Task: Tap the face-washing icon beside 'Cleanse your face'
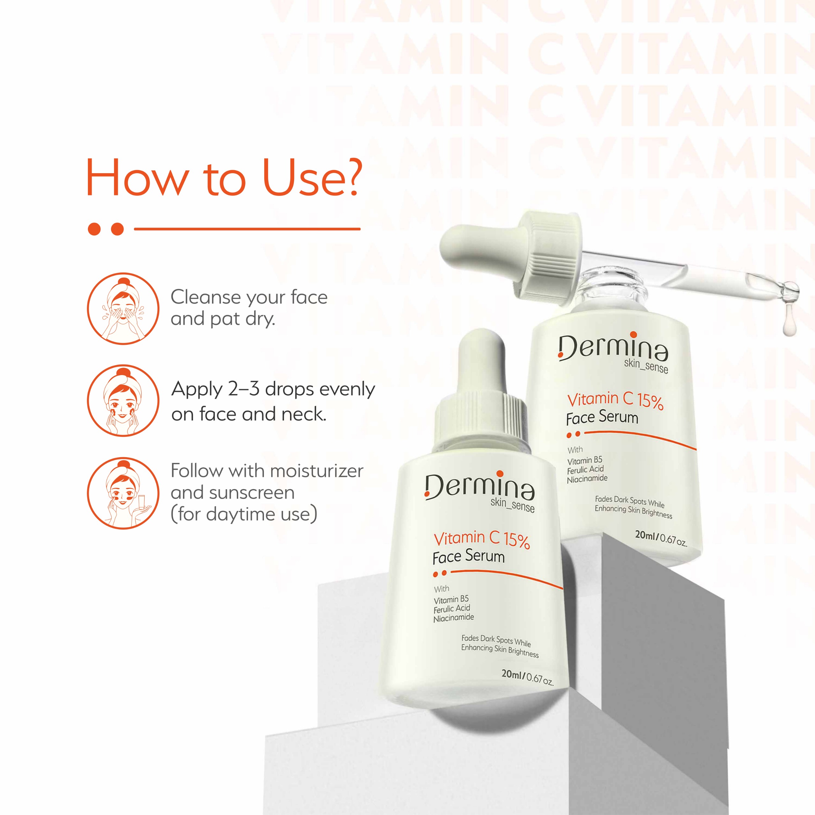click(123, 308)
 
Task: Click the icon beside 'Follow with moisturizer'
click(123, 493)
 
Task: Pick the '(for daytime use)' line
click(244, 514)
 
